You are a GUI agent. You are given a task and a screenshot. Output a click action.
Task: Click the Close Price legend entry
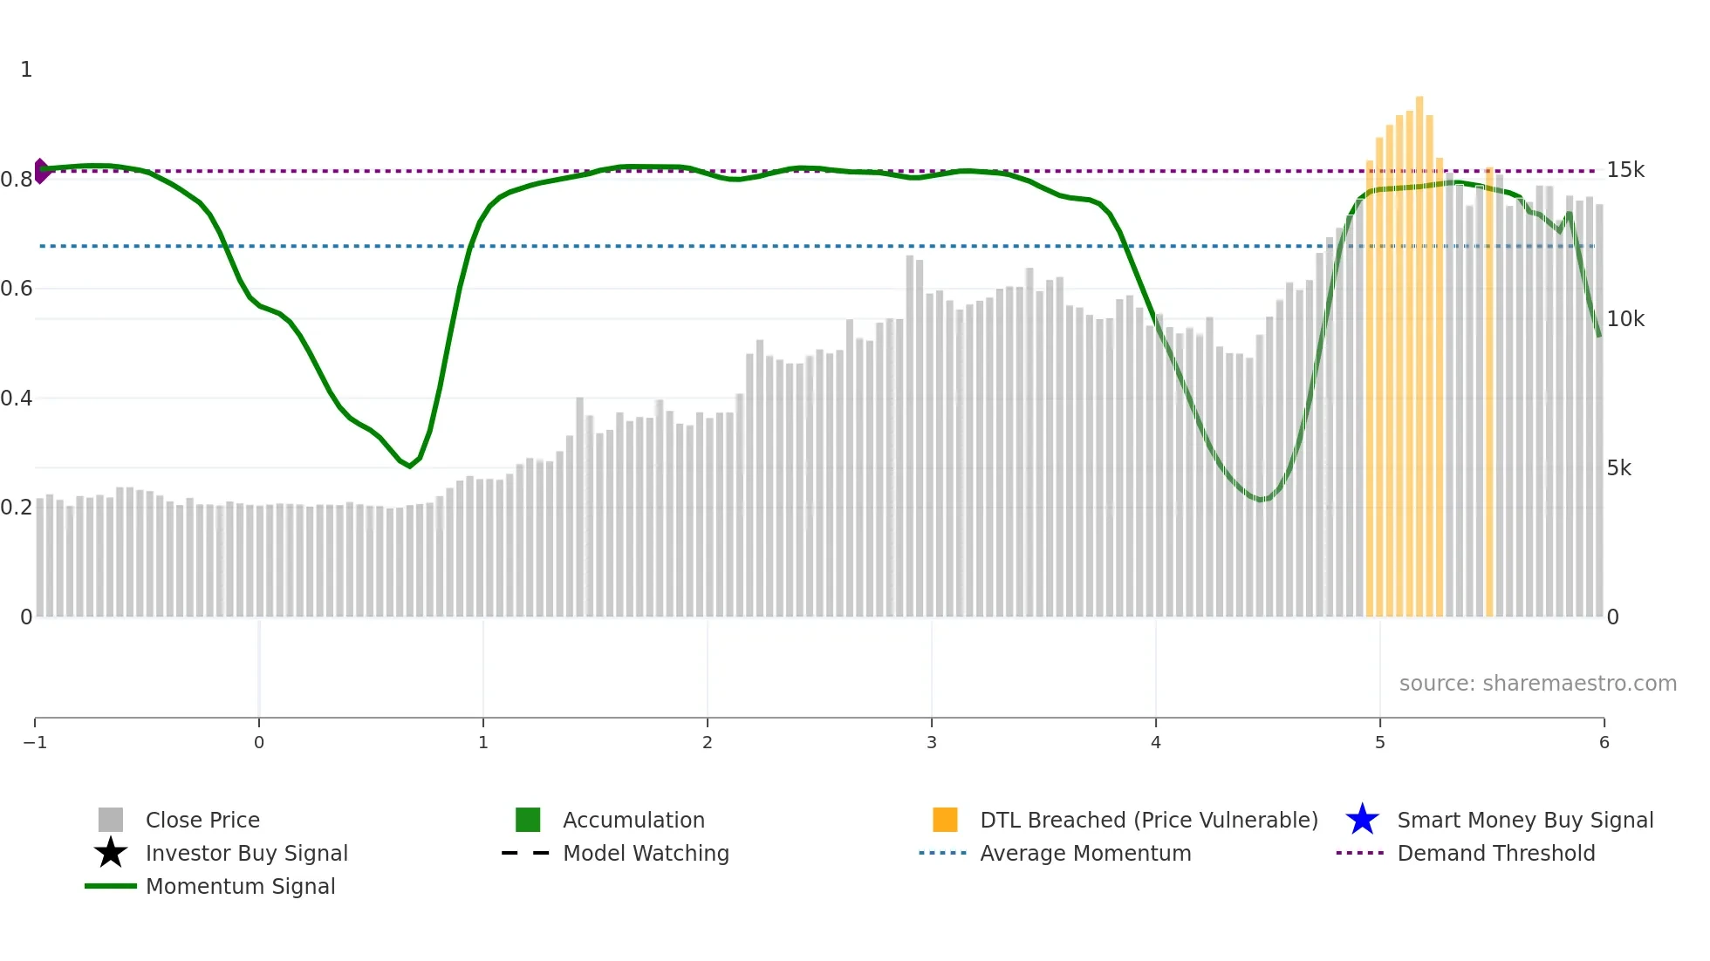pyautogui.click(x=202, y=820)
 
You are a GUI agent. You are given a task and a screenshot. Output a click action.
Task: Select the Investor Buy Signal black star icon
pyautogui.click(x=111, y=853)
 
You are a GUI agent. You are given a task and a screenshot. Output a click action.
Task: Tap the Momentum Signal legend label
pyautogui.click(x=240, y=886)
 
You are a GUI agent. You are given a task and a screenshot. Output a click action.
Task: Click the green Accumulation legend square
pyautogui.click(x=528, y=820)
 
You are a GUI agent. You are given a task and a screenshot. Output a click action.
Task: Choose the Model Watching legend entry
pyautogui.click(x=646, y=853)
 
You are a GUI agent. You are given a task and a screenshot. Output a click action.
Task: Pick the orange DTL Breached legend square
pyautogui.click(x=945, y=820)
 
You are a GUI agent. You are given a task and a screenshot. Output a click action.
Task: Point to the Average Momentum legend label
pyautogui.click(x=1085, y=853)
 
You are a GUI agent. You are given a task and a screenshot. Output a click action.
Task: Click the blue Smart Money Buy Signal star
pyautogui.click(x=1362, y=820)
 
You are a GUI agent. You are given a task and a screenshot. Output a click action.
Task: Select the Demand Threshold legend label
pyautogui.click(x=1495, y=853)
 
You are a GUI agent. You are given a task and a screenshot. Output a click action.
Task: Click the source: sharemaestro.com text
pyautogui.click(x=1537, y=683)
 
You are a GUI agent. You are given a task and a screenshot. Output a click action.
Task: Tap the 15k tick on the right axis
pyautogui.click(x=1625, y=170)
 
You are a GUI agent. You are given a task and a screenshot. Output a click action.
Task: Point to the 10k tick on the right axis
pyautogui.click(x=1625, y=319)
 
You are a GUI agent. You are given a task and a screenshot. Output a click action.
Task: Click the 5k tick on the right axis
pyautogui.click(x=1618, y=468)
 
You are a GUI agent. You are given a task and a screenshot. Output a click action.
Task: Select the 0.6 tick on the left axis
pyautogui.click(x=17, y=289)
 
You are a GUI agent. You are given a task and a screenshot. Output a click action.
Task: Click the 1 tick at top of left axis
pyautogui.click(x=26, y=70)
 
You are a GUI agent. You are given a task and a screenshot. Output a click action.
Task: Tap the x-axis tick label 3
pyautogui.click(x=932, y=742)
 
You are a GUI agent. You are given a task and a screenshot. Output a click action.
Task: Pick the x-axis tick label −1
pyautogui.click(x=35, y=742)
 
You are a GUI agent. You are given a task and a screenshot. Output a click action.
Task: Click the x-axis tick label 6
pyautogui.click(x=1604, y=742)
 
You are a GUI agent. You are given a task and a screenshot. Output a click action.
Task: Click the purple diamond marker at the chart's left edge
pyautogui.click(x=41, y=171)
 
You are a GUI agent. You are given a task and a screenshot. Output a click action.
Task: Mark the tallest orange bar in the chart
pyautogui.click(x=1419, y=358)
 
